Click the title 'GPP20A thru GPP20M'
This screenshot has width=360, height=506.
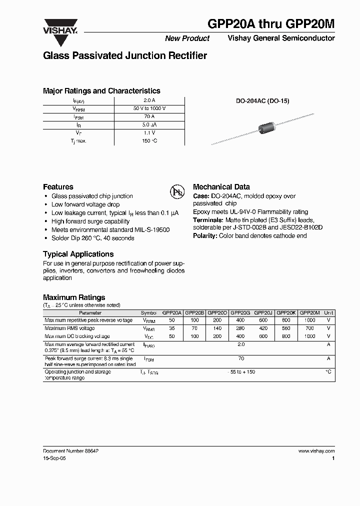pyautogui.click(x=271, y=24)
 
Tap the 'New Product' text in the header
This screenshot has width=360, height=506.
pyautogui.click(x=187, y=38)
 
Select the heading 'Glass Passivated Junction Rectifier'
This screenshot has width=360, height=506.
pyautogui.click(x=125, y=56)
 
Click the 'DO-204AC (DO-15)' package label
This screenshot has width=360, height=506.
pyautogui.click(x=262, y=100)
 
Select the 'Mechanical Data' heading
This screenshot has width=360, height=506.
pyautogui.click(x=221, y=186)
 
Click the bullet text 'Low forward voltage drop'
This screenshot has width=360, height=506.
pyautogui.click(x=85, y=204)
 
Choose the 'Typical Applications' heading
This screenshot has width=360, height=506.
pyautogui.click(x=78, y=254)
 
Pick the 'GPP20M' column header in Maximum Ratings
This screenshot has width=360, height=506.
pyautogui.click(x=309, y=312)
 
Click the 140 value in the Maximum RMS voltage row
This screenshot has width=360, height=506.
pyautogui.click(x=217, y=328)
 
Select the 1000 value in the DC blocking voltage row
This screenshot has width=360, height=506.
pyautogui.click(x=309, y=336)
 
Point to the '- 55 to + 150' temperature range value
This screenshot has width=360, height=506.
pyautogui.click(x=241, y=372)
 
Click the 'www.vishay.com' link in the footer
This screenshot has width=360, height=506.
pyautogui.click(x=316, y=450)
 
